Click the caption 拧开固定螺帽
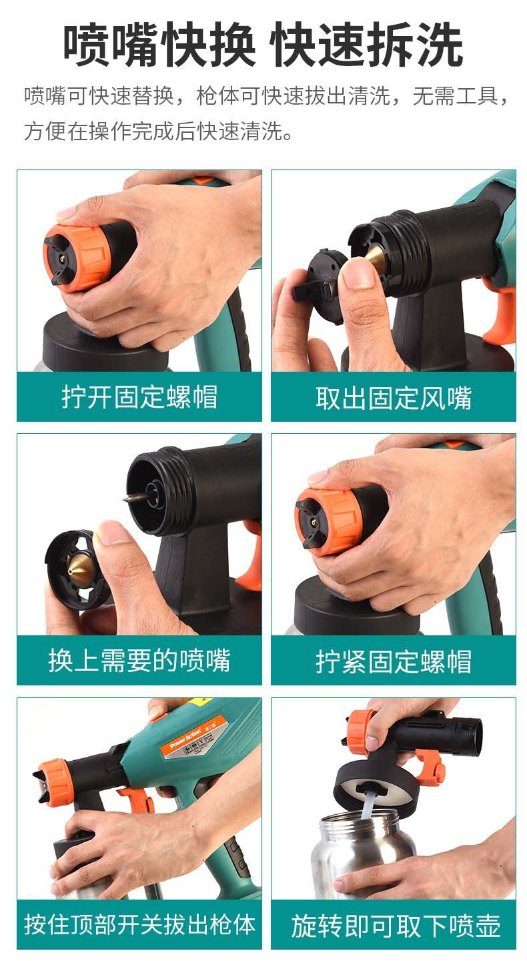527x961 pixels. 139,397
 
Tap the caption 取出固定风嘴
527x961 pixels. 394,397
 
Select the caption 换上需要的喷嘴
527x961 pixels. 139,660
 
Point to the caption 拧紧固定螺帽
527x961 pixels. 394,661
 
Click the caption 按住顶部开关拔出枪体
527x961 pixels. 139,924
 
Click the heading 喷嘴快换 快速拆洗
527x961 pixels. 263,45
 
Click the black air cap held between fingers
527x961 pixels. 321,286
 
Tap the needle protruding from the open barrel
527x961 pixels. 134,498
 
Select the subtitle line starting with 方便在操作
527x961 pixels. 159,131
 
